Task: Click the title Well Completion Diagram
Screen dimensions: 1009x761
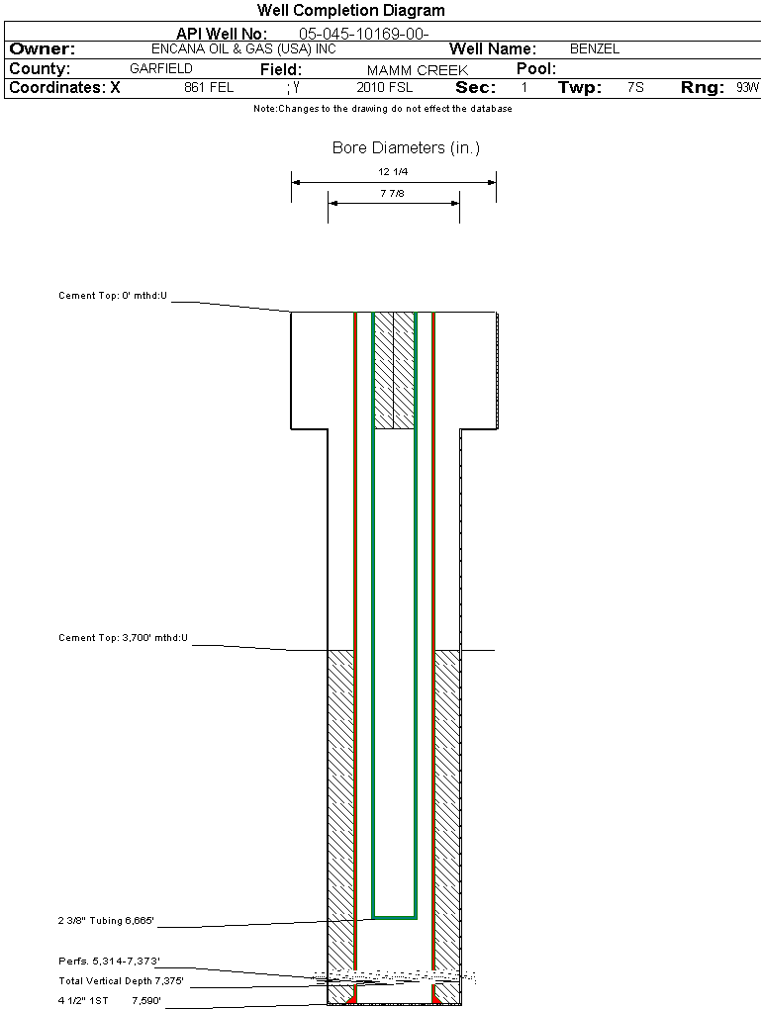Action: pyautogui.click(x=351, y=11)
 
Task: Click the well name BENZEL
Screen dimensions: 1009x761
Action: pyautogui.click(x=595, y=48)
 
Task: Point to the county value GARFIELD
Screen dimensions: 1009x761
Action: pyautogui.click(x=161, y=69)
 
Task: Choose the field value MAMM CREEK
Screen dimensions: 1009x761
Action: pyautogui.click(x=417, y=70)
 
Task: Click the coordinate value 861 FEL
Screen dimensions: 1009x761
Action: pyautogui.click(x=209, y=88)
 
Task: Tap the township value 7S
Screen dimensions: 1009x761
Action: pyautogui.click(x=635, y=88)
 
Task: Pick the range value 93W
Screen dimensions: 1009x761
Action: pyautogui.click(x=747, y=88)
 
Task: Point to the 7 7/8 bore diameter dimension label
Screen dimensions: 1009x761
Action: pyautogui.click(x=394, y=193)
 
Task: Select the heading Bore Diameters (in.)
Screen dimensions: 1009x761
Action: pyautogui.click(x=406, y=148)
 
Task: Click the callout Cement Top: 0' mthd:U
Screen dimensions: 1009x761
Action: pyautogui.click(x=113, y=296)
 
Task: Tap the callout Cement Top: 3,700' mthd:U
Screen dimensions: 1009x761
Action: pyautogui.click(x=123, y=638)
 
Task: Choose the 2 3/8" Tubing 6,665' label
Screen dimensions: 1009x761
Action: pyautogui.click(x=106, y=921)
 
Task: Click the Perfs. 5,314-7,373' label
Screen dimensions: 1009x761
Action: pyautogui.click(x=109, y=961)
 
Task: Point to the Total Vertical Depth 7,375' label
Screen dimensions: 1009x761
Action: pyautogui.click(x=121, y=981)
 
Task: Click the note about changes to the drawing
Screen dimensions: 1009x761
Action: pyautogui.click(x=383, y=109)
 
